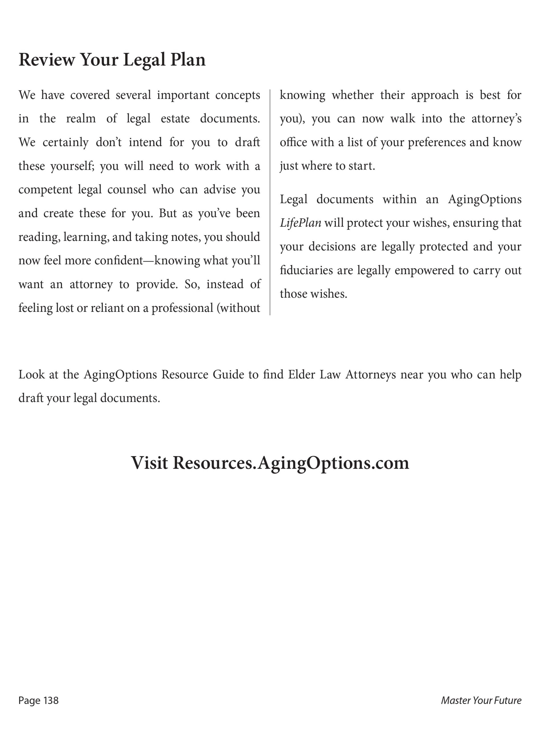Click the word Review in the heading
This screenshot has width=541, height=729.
46,60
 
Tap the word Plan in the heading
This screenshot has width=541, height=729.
188,60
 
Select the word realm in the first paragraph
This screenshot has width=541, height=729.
81,118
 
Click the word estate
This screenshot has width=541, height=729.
175,118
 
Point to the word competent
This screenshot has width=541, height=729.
45,190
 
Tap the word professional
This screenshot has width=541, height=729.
182,308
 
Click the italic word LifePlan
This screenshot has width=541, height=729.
300,223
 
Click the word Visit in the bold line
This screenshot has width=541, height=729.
149,463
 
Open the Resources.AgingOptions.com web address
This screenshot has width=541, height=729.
291,463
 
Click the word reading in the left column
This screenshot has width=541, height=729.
39,237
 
